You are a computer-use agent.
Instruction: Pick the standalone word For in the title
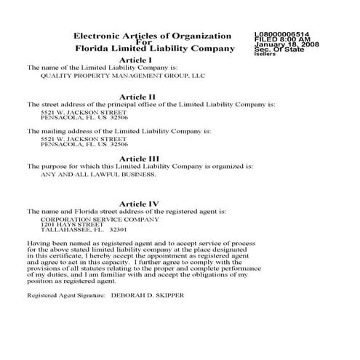tap(153, 42)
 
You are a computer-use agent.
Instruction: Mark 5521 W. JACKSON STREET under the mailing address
tap(74, 138)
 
